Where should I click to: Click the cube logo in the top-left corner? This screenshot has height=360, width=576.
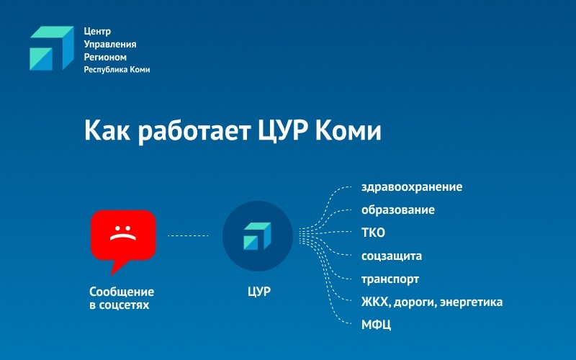click(x=51, y=48)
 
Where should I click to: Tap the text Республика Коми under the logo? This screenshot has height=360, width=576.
click(x=117, y=70)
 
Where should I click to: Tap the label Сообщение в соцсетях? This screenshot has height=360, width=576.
click(x=122, y=298)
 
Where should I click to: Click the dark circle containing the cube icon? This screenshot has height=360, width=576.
click(x=257, y=235)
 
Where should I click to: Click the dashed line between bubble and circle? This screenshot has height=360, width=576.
click(x=188, y=235)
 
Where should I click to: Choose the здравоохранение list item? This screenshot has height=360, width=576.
click(x=412, y=187)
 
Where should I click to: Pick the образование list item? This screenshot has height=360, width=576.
click(x=397, y=210)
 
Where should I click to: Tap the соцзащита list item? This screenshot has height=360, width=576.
click(x=392, y=256)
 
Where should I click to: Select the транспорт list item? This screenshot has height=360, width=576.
click(x=390, y=279)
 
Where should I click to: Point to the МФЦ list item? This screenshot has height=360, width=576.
click(x=376, y=324)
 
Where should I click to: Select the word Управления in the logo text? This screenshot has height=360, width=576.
click(x=110, y=45)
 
